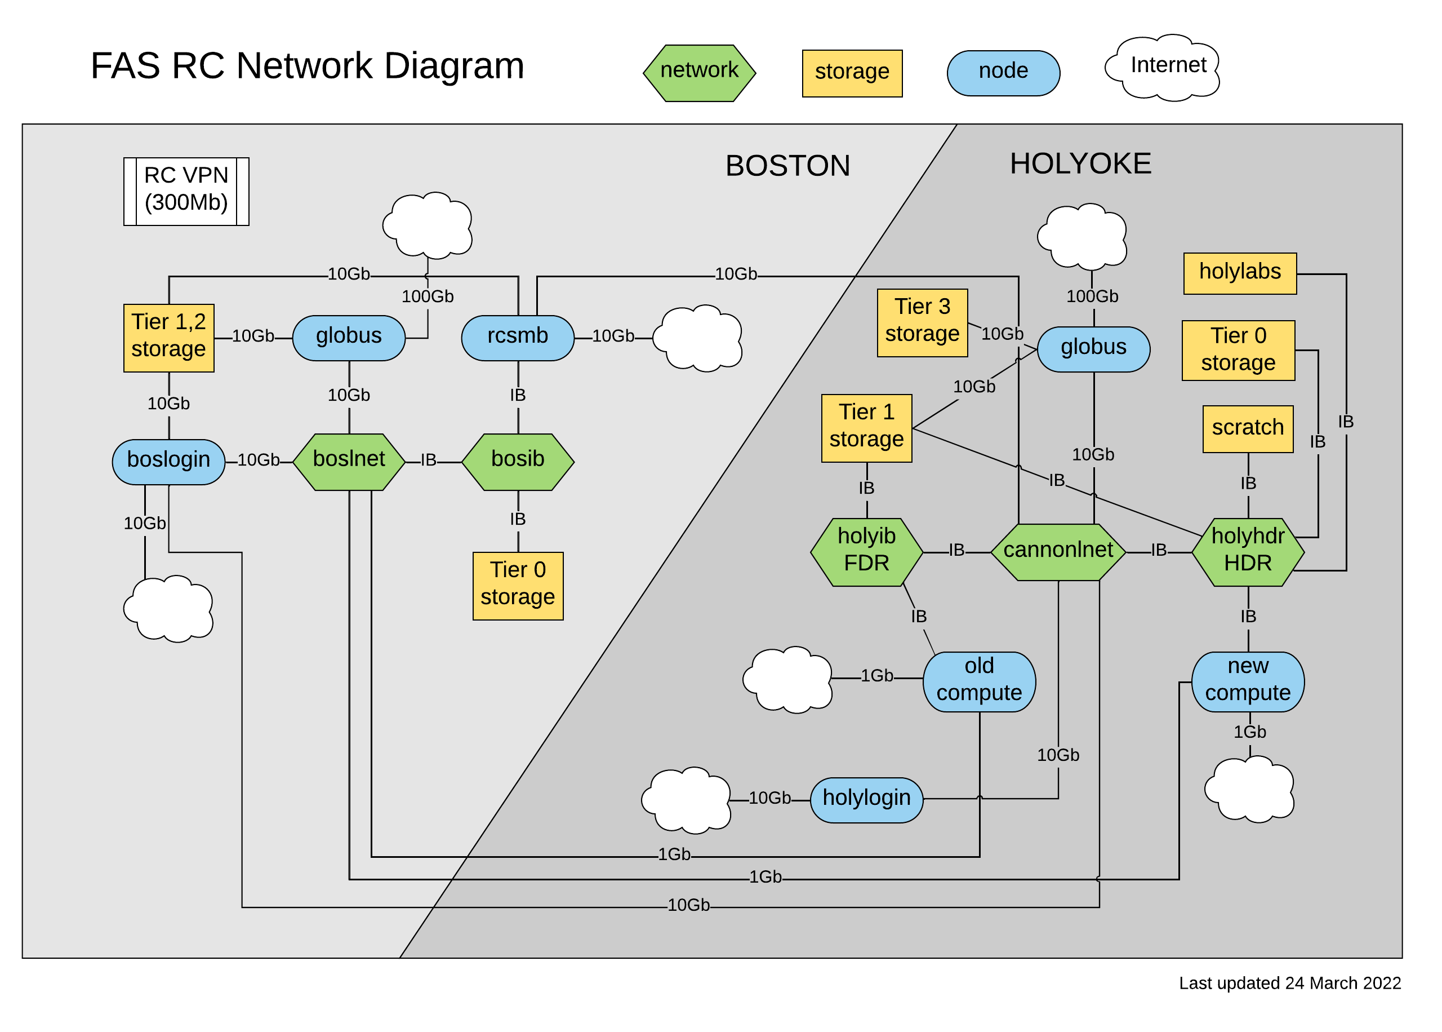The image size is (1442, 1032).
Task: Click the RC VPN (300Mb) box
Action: (186, 191)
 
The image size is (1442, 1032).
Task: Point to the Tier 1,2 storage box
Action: (168, 338)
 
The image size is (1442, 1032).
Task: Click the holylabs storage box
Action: (1239, 273)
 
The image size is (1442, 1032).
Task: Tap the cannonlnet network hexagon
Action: (1058, 552)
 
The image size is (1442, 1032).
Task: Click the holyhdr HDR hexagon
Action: (1247, 552)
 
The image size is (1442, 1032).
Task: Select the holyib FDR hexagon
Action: (866, 552)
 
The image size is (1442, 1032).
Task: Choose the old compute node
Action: (978, 681)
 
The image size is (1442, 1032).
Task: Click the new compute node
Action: (1247, 681)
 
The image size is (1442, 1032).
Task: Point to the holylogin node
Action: (866, 799)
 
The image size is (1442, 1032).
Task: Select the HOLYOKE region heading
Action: (1080, 164)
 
